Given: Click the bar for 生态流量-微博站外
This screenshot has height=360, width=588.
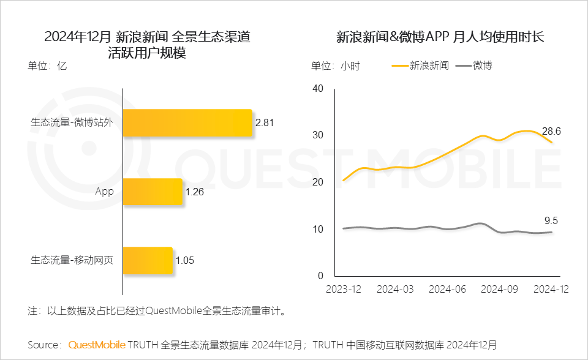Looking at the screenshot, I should click(x=187, y=122).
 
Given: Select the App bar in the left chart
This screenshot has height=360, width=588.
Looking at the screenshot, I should click(x=153, y=192).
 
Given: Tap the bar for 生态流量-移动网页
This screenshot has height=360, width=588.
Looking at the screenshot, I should click(x=148, y=261).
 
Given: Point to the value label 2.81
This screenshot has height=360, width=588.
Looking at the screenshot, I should click(x=265, y=122).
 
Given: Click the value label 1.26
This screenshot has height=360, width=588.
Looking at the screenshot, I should click(x=194, y=192).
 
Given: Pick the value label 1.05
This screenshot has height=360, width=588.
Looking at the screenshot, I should click(x=184, y=261).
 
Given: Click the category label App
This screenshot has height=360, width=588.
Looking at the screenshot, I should click(x=105, y=192).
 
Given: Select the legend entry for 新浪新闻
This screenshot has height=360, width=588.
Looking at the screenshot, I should click(x=421, y=65).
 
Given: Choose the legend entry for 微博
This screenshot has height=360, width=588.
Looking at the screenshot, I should click(x=475, y=65).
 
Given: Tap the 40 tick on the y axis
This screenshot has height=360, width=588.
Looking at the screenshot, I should click(x=317, y=88).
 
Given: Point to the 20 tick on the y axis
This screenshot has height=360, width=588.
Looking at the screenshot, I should click(x=317, y=182).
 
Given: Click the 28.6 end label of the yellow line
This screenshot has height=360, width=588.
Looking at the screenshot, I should click(x=552, y=131).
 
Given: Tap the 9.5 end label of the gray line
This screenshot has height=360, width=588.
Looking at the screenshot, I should click(x=551, y=221).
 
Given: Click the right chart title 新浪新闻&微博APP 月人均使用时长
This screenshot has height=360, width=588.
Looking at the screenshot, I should click(x=440, y=37).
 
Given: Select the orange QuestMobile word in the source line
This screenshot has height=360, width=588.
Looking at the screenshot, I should click(x=97, y=345).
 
